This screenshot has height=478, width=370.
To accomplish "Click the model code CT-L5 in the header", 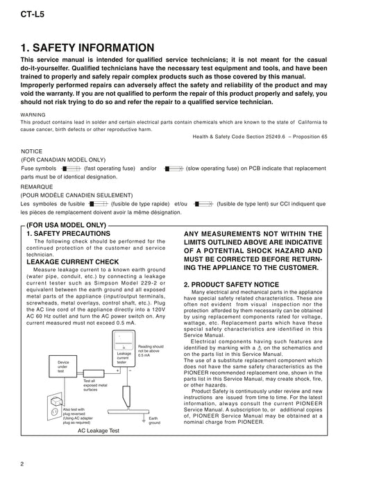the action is point(33,15).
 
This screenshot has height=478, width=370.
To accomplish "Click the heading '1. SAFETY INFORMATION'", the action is point(87,48).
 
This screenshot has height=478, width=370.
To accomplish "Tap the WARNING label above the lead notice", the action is point(33,115).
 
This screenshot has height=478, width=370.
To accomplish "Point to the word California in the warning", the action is point(310,122).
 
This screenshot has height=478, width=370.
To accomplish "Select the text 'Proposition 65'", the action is point(310,137).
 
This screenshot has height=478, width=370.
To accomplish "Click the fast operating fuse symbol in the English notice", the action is point(71,169).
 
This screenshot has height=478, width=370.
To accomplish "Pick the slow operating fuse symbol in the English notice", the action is point(174,169).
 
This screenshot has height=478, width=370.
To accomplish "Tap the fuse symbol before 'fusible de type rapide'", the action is point(98,204).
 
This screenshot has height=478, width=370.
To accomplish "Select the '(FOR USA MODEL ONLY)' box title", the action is point(66,225).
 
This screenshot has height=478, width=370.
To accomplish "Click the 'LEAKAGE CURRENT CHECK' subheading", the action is point(73,262).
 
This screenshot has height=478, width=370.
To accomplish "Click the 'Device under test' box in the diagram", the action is point(63,366).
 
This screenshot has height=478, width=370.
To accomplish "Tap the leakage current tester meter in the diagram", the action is point(124,348).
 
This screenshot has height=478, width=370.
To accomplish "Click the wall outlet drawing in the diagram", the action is point(55,407).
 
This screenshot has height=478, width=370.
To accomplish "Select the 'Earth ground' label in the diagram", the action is point(154,420).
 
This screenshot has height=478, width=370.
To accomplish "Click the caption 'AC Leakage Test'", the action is point(98,431).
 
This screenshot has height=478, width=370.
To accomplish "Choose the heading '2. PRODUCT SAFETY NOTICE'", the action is point(231,284).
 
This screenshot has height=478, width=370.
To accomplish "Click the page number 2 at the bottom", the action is point(22,464).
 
